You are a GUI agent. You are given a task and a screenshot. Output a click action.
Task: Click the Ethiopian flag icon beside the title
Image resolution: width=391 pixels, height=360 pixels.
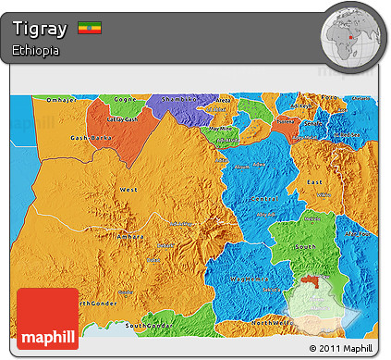[90, 27]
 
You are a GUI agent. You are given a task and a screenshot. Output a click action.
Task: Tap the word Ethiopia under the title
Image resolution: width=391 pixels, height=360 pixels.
[37, 51]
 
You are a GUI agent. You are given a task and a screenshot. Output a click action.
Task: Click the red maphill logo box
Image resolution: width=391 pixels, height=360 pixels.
[47, 319]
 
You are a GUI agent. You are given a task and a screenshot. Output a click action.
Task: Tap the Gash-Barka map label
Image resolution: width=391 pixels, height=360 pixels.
[89, 137]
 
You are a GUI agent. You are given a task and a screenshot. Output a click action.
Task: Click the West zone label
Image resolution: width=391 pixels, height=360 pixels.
[128, 189]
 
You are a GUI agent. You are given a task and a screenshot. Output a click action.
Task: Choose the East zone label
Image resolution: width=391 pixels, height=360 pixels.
[315, 182]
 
